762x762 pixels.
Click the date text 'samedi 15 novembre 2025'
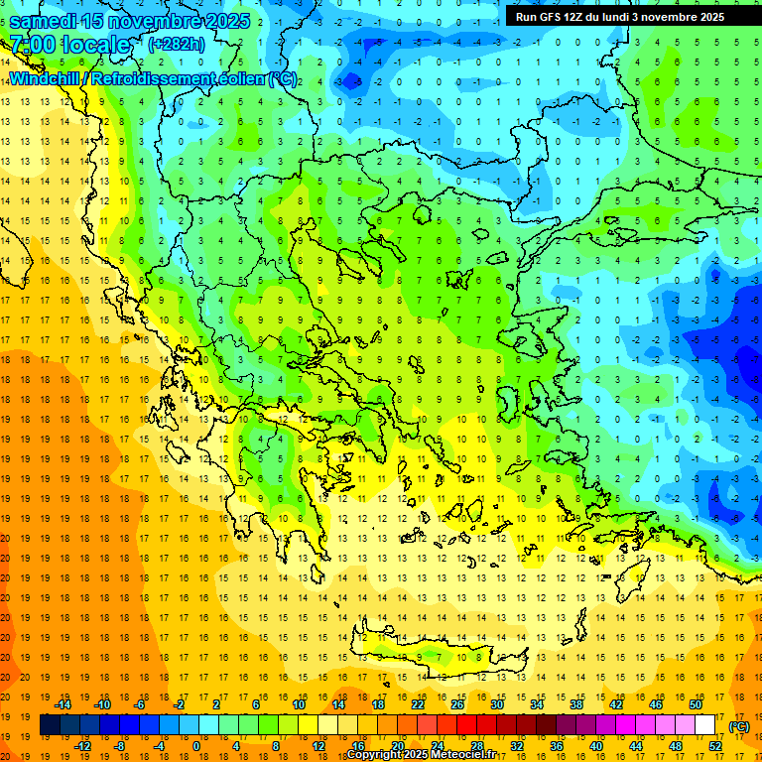129,21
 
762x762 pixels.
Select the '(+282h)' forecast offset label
177,45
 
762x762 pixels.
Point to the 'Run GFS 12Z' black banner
620,17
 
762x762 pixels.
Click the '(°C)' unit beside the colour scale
739,726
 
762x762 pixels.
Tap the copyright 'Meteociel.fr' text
451,755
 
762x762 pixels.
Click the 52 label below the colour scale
715,746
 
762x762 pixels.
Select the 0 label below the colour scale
197,746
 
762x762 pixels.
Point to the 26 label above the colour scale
457,703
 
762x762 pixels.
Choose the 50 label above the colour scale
696,703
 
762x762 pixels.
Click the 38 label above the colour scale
576,703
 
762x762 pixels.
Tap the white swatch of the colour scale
705,725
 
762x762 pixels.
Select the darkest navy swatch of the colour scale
51,725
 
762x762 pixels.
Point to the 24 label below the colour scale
438,746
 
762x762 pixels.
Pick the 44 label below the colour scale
636,746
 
